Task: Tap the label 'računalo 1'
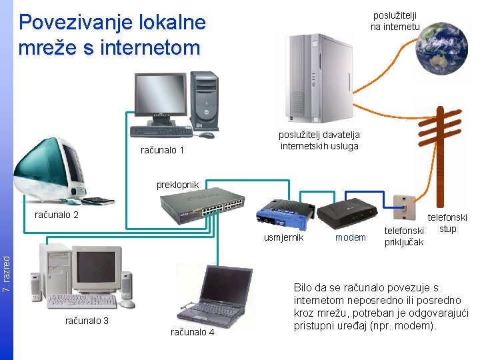(x=163, y=151)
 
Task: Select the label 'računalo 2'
(x=57, y=215)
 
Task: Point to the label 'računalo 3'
(x=87, y=321)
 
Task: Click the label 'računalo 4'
(x=193, y=332)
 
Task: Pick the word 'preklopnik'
(x=177, y=185)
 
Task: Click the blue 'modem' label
(x=350, y=237)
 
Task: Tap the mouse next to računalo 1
(x=207, y=135)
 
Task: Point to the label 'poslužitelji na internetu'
(x=396, y=21)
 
